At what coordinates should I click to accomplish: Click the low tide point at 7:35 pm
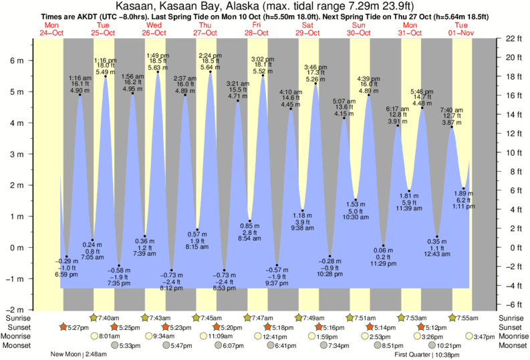(x=119, y=265)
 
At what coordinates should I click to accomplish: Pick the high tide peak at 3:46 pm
(x=315, y=83)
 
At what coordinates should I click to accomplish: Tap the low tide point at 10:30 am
(x=356, y=200)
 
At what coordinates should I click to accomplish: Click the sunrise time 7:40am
(x=108, y=318)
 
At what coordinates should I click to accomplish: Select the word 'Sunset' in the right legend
(x=509, y=327)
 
